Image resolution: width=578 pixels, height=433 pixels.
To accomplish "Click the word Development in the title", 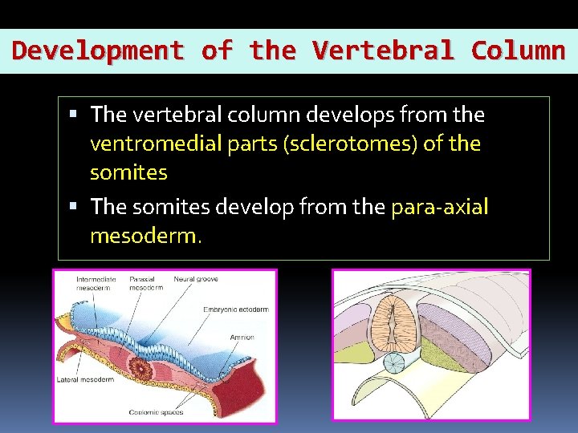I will pos(98,51).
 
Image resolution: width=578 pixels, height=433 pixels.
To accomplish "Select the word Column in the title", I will pos(518,51).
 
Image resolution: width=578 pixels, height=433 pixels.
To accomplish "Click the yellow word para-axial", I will pos(439,207).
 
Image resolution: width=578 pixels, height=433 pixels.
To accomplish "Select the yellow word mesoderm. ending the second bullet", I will pos(147,237).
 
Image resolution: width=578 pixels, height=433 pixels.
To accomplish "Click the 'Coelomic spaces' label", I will pos(155,413).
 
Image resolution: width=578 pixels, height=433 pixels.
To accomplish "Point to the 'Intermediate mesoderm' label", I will pos(96,284).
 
